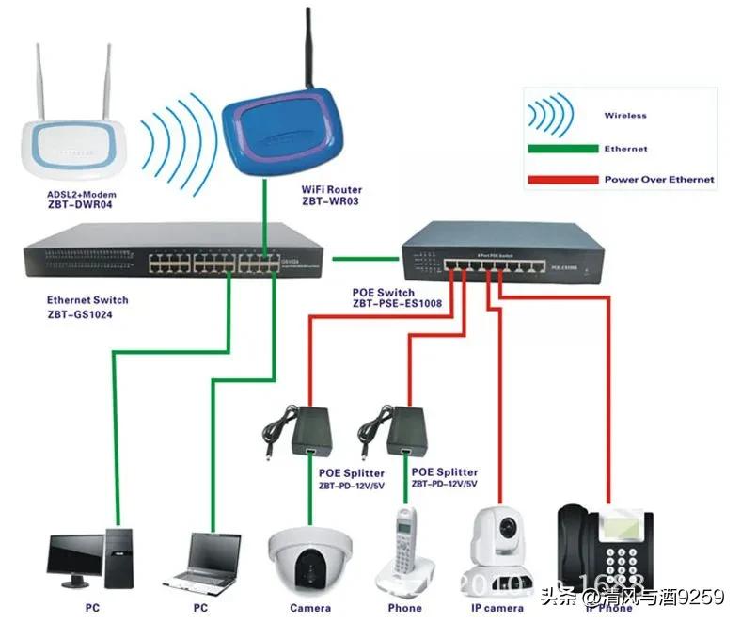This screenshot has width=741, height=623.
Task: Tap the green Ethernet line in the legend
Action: (x=562, y=149)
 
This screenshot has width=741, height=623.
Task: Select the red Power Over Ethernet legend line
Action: (x=562, y=179)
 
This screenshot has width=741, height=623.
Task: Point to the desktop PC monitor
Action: (x=77, y=555)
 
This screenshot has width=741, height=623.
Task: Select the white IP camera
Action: (x=499, y=551)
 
